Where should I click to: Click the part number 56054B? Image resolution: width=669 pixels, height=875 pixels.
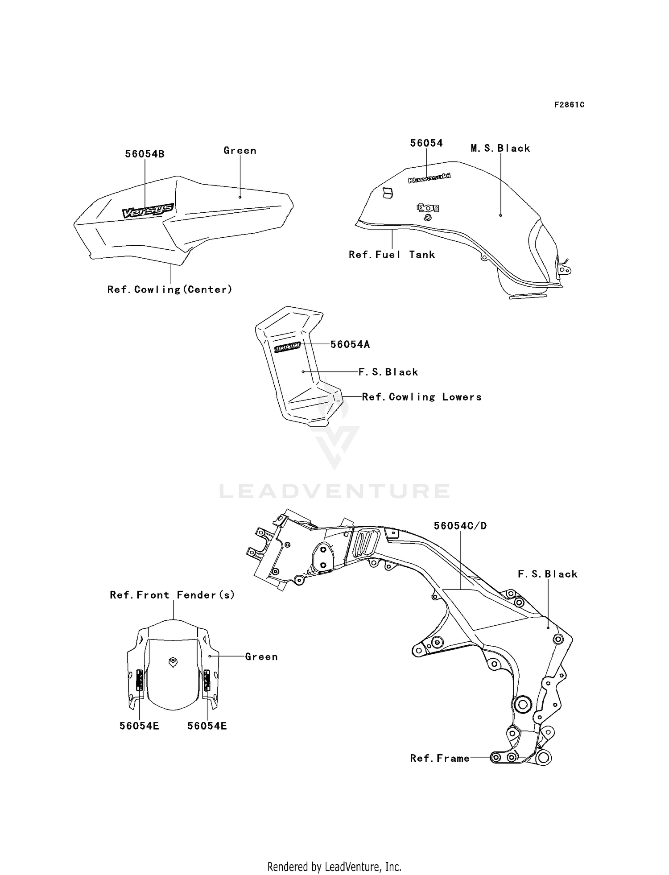point(145,154)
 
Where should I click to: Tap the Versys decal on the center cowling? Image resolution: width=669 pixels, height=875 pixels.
point(148,210)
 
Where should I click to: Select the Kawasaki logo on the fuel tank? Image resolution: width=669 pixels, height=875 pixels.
point(429,178)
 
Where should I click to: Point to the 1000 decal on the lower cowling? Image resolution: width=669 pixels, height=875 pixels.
point(287,348)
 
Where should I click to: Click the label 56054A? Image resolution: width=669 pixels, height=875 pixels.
point(350,344)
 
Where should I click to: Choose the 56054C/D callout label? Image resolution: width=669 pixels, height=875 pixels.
point(460,526)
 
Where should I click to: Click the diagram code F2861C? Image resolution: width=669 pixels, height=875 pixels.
point(569,105)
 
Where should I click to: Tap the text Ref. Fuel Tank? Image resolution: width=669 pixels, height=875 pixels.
point(392,254)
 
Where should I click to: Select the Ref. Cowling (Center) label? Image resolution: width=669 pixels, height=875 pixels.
point(170,289)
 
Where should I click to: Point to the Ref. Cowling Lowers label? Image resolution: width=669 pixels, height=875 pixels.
point(422,397)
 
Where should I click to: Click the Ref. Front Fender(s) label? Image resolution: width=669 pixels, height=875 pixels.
point(172,594)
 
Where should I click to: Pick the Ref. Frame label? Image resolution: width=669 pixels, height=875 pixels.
point(440,758)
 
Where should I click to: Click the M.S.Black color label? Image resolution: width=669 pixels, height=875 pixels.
point(500,148)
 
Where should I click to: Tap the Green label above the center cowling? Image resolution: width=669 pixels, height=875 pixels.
point(240,151)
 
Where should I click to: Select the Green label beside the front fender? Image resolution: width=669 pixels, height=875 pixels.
point(261,656)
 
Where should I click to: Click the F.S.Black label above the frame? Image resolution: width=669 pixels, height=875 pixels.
point(548,574)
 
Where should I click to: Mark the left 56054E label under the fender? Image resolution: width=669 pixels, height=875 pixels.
point(139,726)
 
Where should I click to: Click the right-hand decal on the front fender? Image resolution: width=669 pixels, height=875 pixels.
point(207,680)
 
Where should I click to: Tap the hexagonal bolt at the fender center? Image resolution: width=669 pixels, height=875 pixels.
point(172,662)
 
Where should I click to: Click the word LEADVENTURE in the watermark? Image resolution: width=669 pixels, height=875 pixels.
point(334,491)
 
